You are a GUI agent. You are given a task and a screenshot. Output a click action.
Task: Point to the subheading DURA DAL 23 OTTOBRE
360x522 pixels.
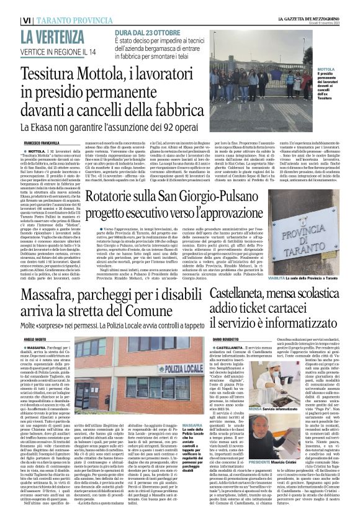click(145, 32)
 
